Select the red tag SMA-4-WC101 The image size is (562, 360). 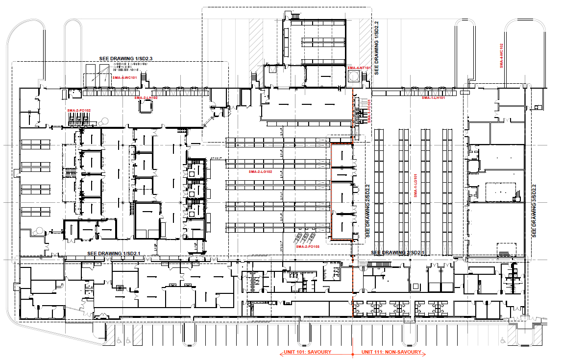click(x=124, y=78)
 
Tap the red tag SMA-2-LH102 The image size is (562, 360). click(x=146, y=98)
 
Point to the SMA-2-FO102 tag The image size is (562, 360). click(x=79, y=111)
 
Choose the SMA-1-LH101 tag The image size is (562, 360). click(x=433, y=98)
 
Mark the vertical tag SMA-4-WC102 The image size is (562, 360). click(x=501, y=56)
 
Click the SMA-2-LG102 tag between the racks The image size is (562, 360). click(x=260, y=172)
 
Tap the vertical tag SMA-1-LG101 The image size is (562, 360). click(x=415, y=186)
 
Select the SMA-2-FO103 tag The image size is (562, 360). click(x=308, y=247)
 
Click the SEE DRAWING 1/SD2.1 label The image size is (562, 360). click(x=114, y=253)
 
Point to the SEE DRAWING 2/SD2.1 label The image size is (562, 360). click(x=397, y=253)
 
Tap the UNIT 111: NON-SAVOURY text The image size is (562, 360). click(x=391, y=352)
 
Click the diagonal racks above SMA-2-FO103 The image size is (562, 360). click(x=304, y=238)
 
